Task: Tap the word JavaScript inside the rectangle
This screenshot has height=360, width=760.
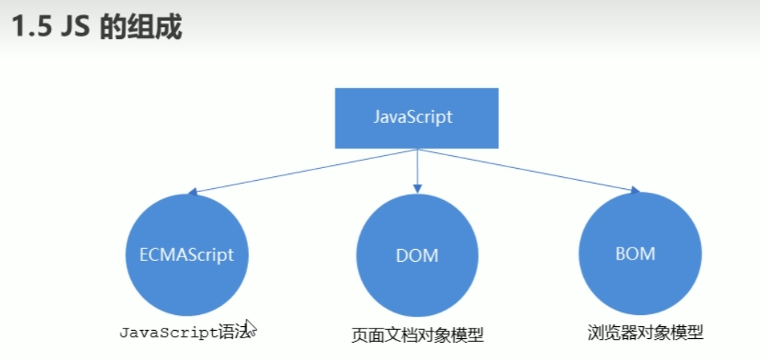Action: tap(413, 117)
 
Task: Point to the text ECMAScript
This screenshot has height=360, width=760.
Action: tap(187, 254)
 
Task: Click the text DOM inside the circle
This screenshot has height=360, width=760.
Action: tap(417, 255)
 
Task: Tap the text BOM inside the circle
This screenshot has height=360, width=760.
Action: tap(635, 253)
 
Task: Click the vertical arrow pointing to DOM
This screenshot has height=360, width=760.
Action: tap(417, 169)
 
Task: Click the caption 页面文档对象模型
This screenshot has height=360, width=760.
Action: tap(417, 334)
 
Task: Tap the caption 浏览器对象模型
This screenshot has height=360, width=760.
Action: tap(645, 331)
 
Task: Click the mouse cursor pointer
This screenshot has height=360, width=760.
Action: tap(250, 328)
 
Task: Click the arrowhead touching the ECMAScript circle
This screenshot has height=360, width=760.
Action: tap(192, 192)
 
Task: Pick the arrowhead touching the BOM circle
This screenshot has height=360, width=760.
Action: tap(636, 191)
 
